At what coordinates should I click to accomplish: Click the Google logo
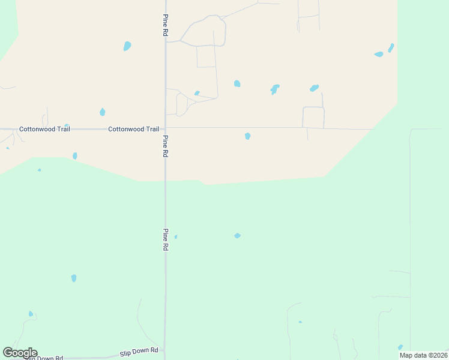pyautogui.click(x=20, y=353)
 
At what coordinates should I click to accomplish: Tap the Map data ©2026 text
pyautogui.click(x=424, y=355)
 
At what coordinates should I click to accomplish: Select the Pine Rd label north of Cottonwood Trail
pyautogui.click(x=164, y=25)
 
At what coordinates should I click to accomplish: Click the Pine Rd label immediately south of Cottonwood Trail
pyautogui.click(x=164, y=146)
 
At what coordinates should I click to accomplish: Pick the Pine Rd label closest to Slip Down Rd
pyautogui.click(x=164, y=239)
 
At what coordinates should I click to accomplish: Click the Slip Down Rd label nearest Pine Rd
pyautogui.click(x=139, y=350)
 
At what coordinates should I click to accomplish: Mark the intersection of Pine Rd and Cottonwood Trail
pyautogui.click(x=165, y=128)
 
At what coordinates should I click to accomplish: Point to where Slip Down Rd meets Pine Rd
pyautogui.click(x=164, y=351)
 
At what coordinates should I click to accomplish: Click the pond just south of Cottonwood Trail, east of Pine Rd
pyautogui.click(x=247, y=136)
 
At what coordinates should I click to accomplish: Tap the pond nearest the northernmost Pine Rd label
pyautogui.click(x=127, y=46)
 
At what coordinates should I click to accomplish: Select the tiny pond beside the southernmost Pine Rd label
pyautogui.click(x=175, y=237)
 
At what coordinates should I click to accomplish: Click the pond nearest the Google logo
pyautogui.click(x=31, y=314)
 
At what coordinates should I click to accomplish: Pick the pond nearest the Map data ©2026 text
pyautogui.click(x=400, y=347)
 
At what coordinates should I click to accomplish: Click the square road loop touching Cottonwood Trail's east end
pyautogui.click(x=313, y=117)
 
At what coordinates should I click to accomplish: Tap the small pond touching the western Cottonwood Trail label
pyautogui.click(x=67, y=125)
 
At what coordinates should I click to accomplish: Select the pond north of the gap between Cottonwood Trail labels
pyautogui.click(x=102, y=112)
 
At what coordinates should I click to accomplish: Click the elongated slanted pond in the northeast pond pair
pyautogui.click(x=391, y=47)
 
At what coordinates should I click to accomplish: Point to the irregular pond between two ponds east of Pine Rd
pyautogui.click(x=275, y=89)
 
